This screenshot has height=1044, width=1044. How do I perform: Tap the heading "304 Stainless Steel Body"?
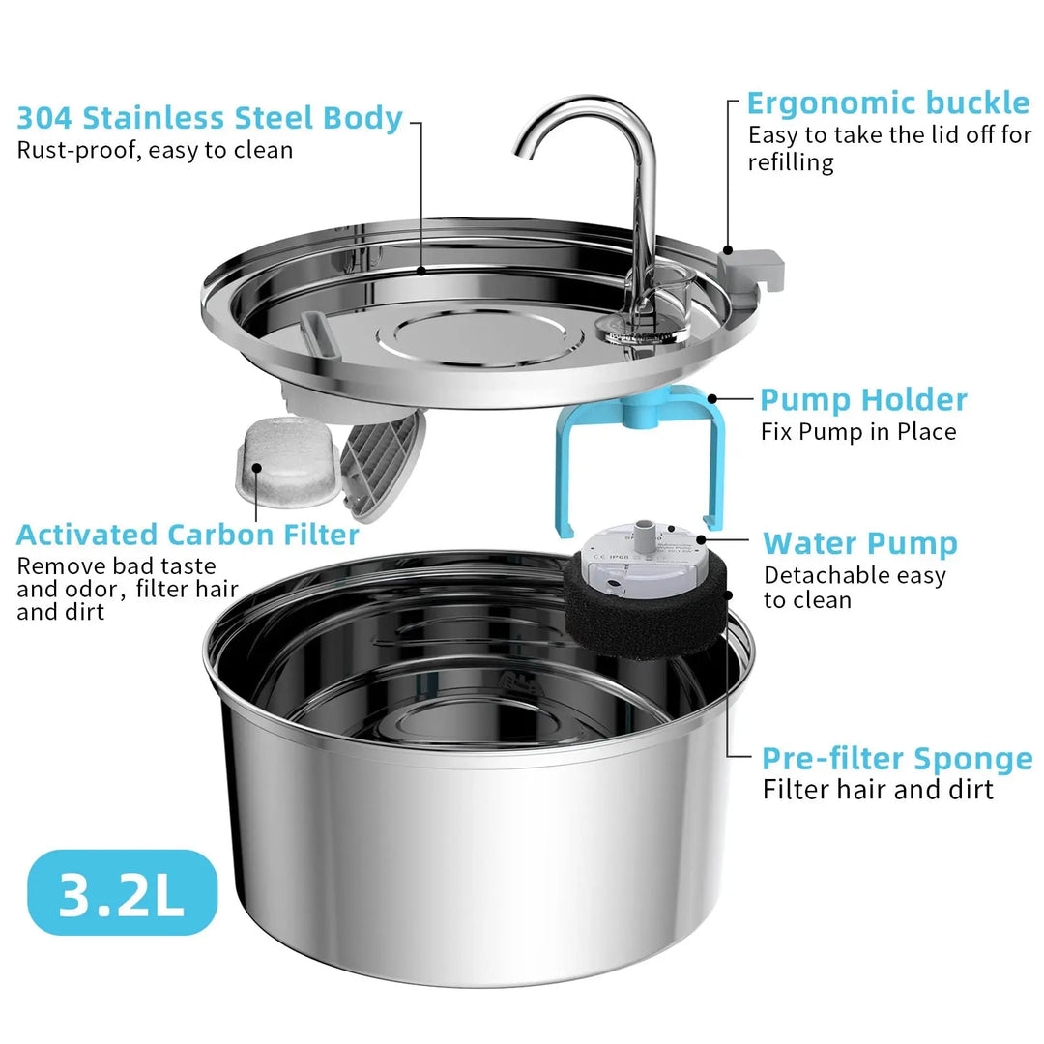209,118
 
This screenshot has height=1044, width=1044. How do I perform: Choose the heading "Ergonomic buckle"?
888,103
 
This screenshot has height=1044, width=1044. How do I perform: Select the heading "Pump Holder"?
862,399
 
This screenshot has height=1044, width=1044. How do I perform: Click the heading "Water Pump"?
859,543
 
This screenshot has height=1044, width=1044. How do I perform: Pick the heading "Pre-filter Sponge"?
897,758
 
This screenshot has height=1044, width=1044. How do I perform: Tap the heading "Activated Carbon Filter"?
188,535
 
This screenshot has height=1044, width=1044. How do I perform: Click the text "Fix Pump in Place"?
857,431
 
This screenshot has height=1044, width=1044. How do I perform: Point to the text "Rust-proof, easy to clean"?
155,150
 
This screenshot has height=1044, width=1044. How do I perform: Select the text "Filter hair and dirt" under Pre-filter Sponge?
877,790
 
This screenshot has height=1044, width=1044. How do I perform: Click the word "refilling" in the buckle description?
790,162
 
